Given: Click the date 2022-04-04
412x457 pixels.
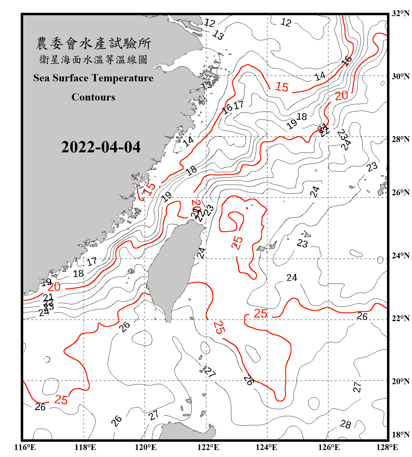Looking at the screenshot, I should coord(101,147).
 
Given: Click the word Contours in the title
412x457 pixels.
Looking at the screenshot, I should coord(93,97).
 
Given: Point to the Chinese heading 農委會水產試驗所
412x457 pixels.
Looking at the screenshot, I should coord(93,43).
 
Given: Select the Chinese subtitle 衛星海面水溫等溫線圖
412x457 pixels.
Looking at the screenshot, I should coord(93,59).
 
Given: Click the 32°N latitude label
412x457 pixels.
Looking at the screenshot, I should coord(400,13).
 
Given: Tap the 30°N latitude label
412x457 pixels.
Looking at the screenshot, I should coord(400,76).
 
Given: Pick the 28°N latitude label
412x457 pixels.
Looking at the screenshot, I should coord(400,139).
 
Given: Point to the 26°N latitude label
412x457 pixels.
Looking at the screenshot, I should coord(400,193).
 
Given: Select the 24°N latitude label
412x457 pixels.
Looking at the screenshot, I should coord(400,255).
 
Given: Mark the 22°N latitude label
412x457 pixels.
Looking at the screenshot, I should coord(400,318).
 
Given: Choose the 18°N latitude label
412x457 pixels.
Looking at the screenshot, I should coord(400,435).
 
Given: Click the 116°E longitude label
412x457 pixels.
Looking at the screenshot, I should coord(25,447).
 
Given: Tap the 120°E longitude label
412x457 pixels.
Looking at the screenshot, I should coord(146,447).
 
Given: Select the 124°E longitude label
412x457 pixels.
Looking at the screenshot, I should coord(266,447).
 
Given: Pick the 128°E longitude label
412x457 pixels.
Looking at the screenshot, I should coord(387,447).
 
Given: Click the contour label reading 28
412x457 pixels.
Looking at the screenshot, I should coord(345,424).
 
